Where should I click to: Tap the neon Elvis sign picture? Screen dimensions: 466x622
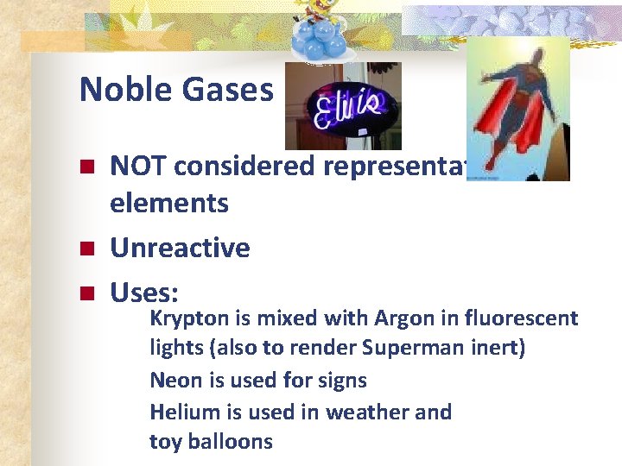(x=343, y=105)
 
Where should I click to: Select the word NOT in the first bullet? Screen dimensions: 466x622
(x=139, y=166)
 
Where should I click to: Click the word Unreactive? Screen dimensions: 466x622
(x=180, y=249)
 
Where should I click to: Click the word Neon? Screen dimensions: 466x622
(x=173, y=381)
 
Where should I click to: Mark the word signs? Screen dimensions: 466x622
(x=344, y=381)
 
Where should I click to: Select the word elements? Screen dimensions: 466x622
(x=169, y=204)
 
